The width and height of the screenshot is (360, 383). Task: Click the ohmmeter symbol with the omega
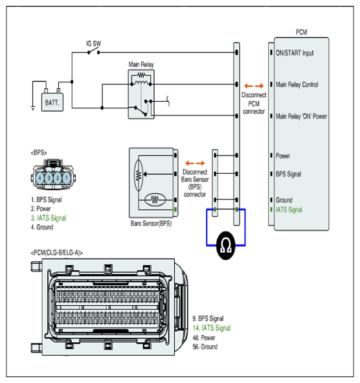click(x=226, y=245)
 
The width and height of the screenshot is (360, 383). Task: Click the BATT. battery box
click(x=52, y=102)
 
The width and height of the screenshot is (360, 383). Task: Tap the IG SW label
click(x=93, y=43)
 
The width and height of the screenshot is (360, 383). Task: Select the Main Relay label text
click(x=141, y=65)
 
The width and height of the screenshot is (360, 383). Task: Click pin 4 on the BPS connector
click(x=40, y=178)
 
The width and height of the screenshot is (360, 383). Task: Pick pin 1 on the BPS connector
click(x=67, y=178)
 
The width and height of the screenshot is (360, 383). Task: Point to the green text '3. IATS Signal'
click(x=49, y=218)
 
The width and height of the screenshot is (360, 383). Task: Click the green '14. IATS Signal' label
click(x=212, y=328)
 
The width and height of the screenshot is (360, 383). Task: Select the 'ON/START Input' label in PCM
click(x=295, y=53)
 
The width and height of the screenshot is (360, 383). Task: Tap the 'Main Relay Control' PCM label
click(x=297, y=84)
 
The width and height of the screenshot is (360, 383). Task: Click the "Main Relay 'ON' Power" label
click(x=301, y=116)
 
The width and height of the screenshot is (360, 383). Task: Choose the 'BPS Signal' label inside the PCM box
click(x=288, y=174)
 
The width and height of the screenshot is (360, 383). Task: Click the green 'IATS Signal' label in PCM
click(x=289, y=209)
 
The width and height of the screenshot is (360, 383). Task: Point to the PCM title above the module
click(x=302, y=32)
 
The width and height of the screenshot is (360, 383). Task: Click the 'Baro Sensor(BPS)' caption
click(x=151, y=223)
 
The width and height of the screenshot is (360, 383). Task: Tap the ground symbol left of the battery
click(x=33, y=108)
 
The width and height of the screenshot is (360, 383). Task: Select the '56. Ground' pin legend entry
click(x=205, y=347)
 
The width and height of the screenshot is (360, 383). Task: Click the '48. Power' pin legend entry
click(x=204, y=338)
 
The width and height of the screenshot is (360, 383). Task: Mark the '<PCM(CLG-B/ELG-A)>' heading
click(x=56, y=253)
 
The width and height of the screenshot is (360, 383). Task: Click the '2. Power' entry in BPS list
click(x=41, y=209)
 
